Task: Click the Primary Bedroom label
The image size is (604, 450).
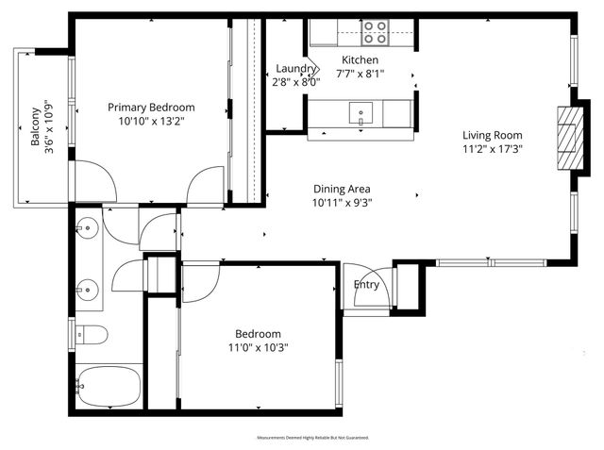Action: tap(151, 108)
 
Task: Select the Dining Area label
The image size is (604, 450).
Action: tap(341, 189)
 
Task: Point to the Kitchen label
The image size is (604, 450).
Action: tap(361, 60)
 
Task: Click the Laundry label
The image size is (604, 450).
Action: tap(295, 69)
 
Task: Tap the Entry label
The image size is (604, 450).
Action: tap(366, 285)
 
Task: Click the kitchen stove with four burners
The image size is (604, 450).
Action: tap(375, 33)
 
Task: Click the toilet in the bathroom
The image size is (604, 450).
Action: tap(90, 334)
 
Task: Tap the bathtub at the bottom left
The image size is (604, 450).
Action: tap(107, 385)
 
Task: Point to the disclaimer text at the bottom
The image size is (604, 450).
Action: tap(312, 438)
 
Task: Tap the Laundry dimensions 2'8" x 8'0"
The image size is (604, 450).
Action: tap(295, 81)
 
